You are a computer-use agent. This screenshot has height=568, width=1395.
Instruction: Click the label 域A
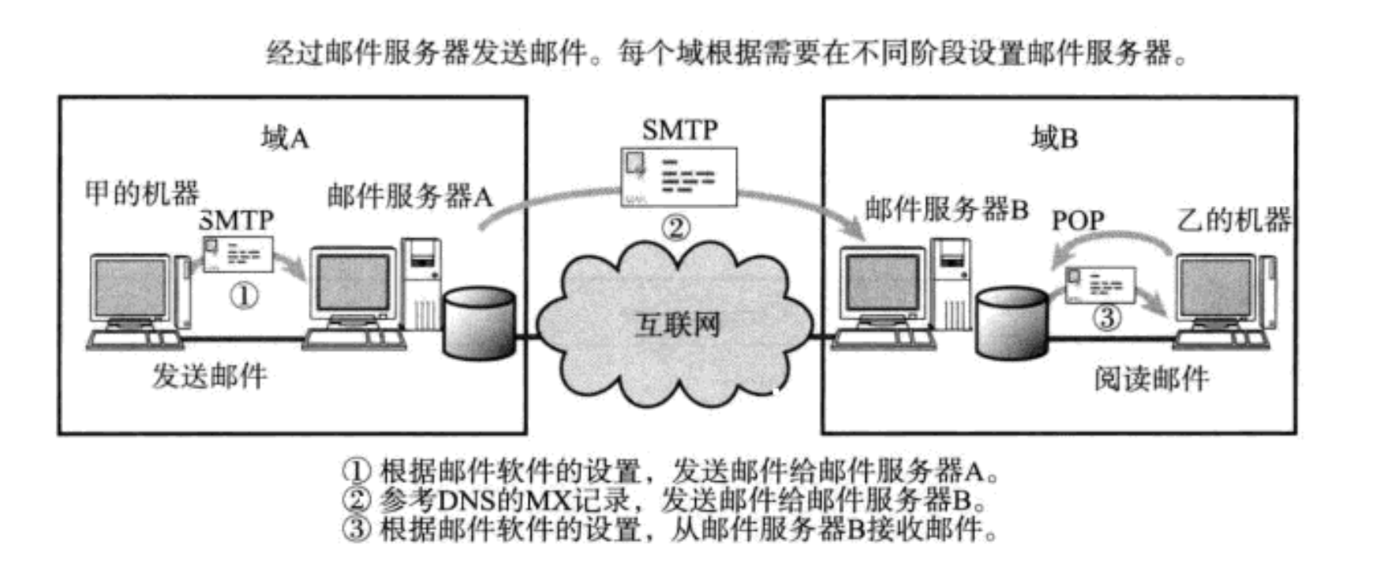[285, 139]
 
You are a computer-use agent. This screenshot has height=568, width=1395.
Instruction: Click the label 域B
[1054, 139]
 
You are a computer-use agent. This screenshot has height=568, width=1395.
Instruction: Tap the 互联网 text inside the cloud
[678, 324]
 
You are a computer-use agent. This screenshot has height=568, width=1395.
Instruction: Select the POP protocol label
[1078, 220]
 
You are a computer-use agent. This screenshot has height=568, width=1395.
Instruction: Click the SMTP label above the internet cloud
[679, 129]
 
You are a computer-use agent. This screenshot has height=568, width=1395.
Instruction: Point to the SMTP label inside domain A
[237, 219]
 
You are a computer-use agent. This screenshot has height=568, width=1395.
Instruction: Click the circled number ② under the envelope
[676, 227]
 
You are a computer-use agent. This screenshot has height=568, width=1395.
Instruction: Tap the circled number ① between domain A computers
[243, 296]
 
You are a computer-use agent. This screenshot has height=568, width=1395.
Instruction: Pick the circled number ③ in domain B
[1107, 317]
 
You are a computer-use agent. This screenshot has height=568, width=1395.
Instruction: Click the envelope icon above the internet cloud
[679, 177]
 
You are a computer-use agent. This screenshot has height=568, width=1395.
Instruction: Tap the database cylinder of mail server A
[479, 322]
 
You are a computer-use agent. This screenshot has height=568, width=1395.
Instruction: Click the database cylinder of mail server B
[1011, 323]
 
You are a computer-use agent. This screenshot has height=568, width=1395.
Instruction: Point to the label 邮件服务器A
[410, 196]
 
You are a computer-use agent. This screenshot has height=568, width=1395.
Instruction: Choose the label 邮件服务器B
[947, 209]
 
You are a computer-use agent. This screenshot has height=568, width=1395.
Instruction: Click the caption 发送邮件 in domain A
[210, 376]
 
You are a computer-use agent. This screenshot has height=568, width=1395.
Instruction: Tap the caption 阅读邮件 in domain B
[1152, 379]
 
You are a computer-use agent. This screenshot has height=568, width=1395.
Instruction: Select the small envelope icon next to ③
[1100, 285]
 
